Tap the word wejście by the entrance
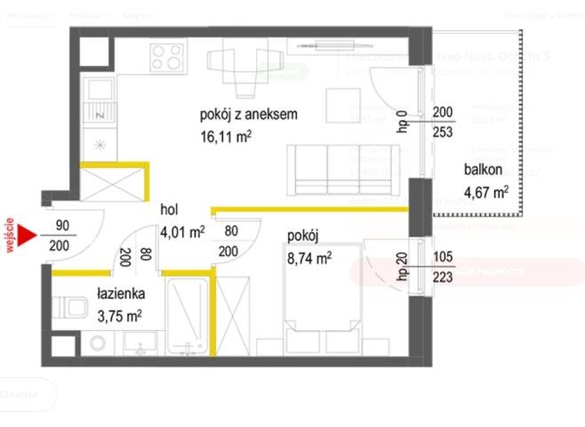[x=10, y=236]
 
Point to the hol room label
[x=170, y=210]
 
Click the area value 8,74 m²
[x=309, y=258]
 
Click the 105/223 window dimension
[x=442, y=267]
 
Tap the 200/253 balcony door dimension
[x=442, y=122]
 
